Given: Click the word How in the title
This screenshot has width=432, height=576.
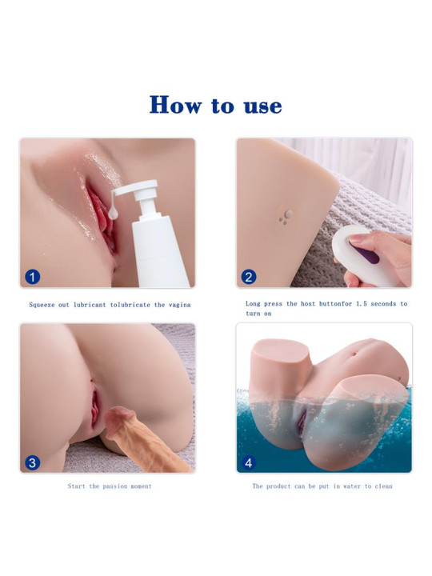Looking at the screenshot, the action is [x=175, y=105].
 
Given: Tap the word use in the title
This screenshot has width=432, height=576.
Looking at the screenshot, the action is [x=263, y=106].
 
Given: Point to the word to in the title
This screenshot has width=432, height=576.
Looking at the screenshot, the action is [x=222, y=106].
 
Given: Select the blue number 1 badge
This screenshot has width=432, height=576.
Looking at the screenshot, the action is [x=32, y=277].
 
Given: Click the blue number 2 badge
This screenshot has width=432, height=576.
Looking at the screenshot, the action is [x=249, y=277].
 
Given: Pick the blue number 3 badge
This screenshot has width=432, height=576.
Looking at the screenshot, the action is [x=32, y=462].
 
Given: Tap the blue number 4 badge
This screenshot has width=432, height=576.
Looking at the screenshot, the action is [x=249, y=462].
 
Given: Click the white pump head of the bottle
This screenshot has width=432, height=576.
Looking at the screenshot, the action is [x=138, y=189].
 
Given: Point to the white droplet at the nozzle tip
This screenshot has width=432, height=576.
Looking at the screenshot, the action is [x=113, y=213].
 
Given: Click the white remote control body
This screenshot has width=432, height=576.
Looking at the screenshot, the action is [x=362, y=257].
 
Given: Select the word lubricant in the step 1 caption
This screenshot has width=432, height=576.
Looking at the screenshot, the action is [x=90, y=305].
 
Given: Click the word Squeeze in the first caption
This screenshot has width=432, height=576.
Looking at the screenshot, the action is [x=42, y=305].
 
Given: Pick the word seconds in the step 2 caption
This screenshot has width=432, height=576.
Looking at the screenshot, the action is [x=383, y=304].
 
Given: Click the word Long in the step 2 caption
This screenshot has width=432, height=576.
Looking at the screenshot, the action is [x=253, y=304].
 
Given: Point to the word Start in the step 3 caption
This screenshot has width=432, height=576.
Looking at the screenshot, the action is [x=77, y=486].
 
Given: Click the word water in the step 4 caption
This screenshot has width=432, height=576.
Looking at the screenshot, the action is [x=352, y=486].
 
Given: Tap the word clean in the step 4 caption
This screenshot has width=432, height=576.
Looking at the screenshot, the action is [x=383, y=486].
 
